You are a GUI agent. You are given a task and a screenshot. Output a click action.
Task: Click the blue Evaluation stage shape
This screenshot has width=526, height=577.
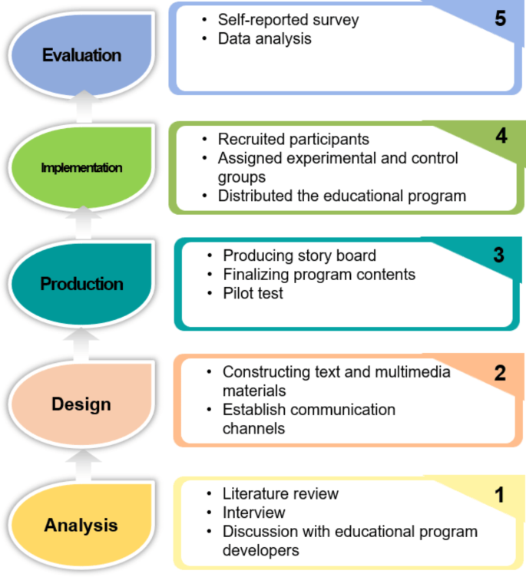pos(81,55)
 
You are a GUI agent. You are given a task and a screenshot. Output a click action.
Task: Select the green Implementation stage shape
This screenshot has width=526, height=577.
pos(81,167)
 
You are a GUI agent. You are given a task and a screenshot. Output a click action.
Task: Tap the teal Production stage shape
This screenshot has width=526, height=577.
pos(81,284)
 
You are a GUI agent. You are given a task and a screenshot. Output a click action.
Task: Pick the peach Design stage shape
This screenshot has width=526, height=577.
pos(81,404)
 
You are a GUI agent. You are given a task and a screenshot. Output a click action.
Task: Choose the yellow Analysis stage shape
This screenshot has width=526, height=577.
pos(81,525)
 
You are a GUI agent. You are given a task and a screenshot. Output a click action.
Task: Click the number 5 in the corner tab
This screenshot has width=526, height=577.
pos(500,19)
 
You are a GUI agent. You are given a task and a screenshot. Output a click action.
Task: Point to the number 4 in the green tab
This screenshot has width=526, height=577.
pos(501,137)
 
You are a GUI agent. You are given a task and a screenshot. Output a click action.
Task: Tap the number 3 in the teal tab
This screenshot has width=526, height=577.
pos(498,255)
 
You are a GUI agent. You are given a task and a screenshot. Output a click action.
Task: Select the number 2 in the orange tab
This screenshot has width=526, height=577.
pos(500,374)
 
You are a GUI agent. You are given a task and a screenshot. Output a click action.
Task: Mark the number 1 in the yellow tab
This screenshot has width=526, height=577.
pos(499,495)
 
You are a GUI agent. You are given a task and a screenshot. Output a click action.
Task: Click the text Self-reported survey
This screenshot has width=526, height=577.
pos(288,20)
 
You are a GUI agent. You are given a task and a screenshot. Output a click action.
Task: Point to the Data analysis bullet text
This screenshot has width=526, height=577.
pos(265,38)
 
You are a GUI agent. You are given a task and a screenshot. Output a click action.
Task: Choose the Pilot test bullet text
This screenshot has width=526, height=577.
pos(253,293)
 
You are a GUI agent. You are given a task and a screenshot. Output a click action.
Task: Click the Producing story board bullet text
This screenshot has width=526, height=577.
pos(299,256)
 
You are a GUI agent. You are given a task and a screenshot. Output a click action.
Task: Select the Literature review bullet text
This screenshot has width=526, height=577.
pos(280,493)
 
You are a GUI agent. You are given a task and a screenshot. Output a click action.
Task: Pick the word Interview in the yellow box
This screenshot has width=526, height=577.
pos(253,512)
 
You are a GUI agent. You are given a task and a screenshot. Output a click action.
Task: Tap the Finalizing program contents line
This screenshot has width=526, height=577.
pos(319,274)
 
